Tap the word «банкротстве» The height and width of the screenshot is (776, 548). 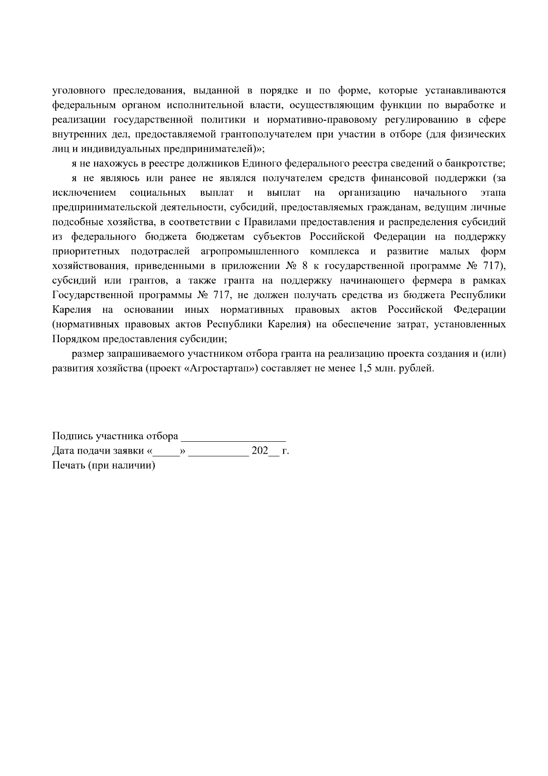point(475,164)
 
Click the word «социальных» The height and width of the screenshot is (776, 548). point(158,193)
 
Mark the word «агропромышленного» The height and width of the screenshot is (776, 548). point(249,252)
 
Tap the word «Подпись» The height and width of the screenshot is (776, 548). point(68,436)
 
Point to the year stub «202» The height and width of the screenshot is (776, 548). point(259,451)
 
